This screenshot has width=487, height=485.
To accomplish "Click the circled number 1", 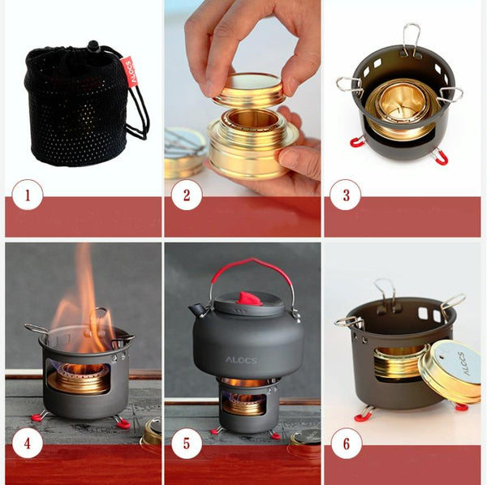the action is point(28,195).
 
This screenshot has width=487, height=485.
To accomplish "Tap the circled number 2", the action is point(187,195).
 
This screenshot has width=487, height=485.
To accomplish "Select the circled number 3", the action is point(346,195).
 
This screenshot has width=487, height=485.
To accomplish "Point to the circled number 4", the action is point(28,443).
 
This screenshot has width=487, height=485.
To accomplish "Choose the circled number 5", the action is point(187,443).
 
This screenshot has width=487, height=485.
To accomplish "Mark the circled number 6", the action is point(347,443).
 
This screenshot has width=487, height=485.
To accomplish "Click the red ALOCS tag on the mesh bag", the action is point(129,71).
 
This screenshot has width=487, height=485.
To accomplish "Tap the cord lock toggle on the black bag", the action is point(93,46).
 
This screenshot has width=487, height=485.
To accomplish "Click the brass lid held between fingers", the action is point(248,88).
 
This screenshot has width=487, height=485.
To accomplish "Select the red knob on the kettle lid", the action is point(249,298).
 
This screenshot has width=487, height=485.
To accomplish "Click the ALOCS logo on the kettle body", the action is point(241,360).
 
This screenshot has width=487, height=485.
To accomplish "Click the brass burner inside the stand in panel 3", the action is point(403,109).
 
